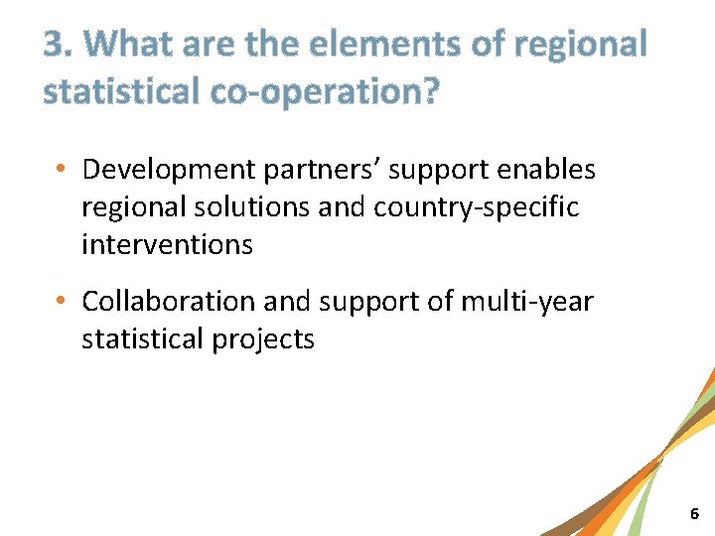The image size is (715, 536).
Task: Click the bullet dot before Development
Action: [x=63, y=171]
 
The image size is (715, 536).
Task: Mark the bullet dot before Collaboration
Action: [x=63, y=301]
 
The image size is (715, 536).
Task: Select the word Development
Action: [x=169, y=171]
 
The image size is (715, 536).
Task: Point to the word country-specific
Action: [x=476, y=207]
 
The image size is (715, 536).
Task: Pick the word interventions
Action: [x=167, y=244]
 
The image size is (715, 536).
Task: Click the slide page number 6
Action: [x=694, y=514]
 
